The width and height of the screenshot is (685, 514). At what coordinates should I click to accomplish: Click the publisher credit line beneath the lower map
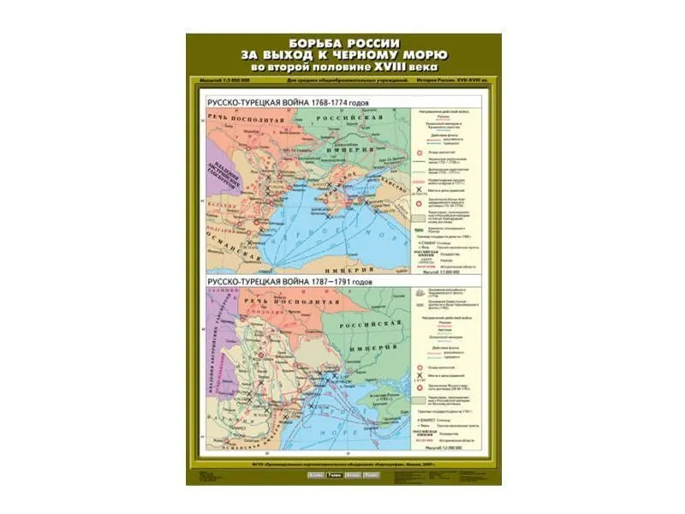click(x=342, y=463)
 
